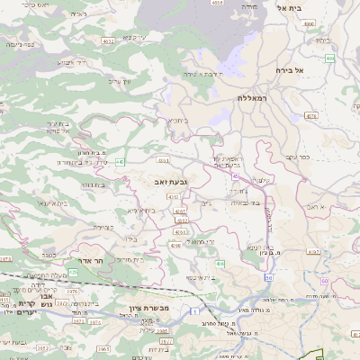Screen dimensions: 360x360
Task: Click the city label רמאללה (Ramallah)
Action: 255,96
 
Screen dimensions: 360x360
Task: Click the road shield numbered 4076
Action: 311,116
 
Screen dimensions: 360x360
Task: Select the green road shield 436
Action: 220,264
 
